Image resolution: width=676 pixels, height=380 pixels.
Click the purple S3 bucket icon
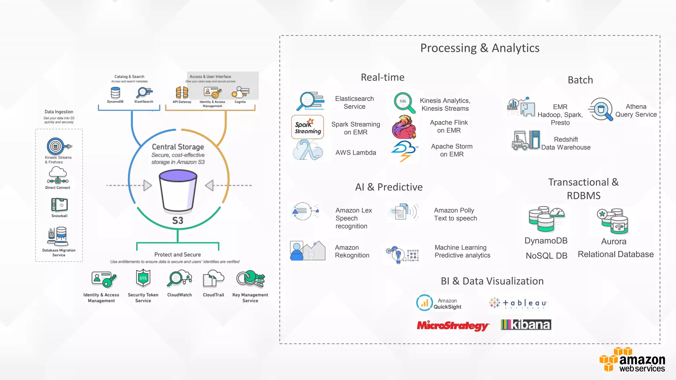point(178,190)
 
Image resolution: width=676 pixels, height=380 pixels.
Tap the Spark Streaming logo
point(308,127)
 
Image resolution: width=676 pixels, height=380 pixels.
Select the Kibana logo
point(526,325)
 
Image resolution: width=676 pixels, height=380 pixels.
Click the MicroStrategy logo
point(453,326)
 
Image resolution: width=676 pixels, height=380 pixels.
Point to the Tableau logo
point(518,303)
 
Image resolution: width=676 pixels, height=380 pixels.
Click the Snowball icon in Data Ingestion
point(59,205)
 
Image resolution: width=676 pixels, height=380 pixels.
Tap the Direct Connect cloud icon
point(58,175)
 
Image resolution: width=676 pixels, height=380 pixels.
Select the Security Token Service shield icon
point(143,278)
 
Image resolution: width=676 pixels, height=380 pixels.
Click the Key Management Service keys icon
point(251,279)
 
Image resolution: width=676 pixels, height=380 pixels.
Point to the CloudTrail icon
point(213,279)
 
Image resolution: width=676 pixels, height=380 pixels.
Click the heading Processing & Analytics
point(480,48)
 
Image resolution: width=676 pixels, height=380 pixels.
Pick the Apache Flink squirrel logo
point(404,127)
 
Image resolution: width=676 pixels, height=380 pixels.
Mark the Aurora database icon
point(613,221)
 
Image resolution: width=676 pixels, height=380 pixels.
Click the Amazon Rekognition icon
point(307,251)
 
